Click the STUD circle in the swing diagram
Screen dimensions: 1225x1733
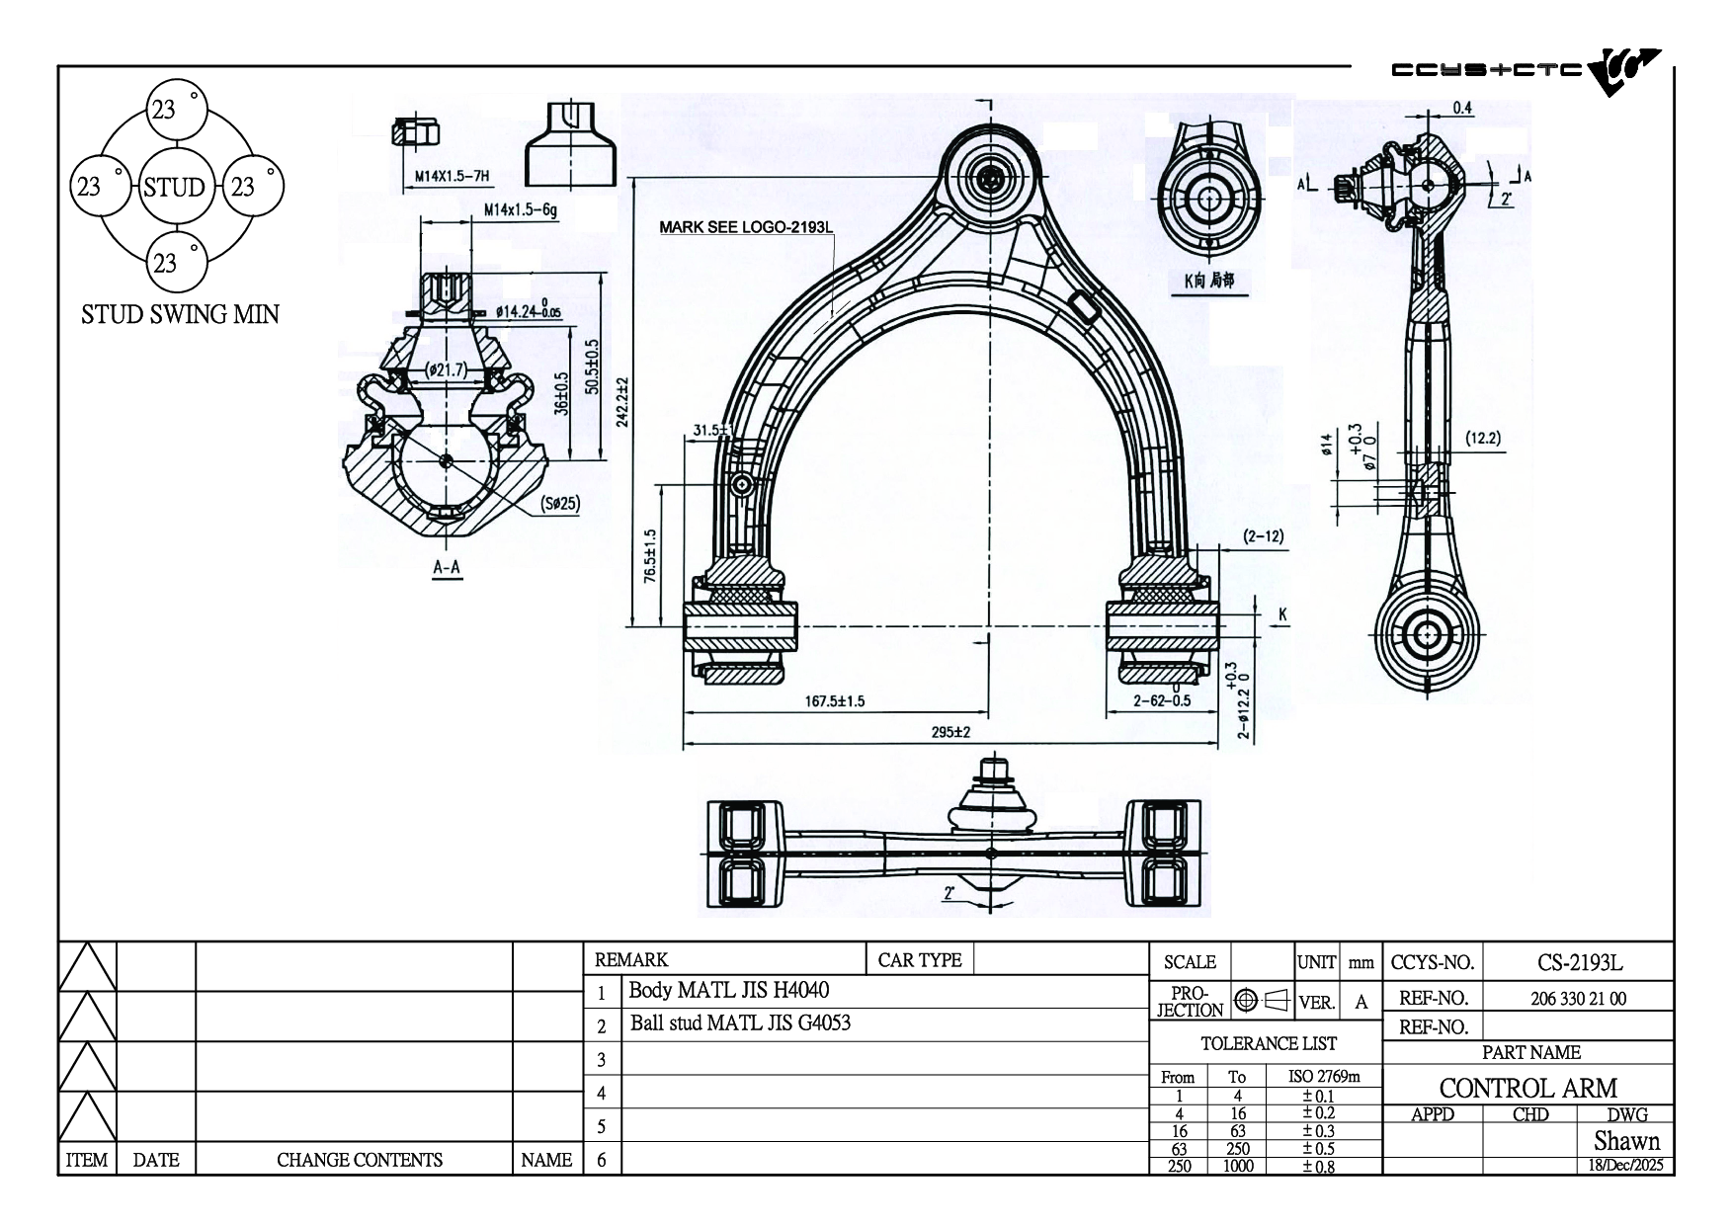[174, 187]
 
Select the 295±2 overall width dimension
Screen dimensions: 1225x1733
[950, 732]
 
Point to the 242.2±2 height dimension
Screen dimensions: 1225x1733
[621, 401]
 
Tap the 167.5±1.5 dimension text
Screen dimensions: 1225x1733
[835, 701]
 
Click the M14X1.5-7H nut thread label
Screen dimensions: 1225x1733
[452, 178]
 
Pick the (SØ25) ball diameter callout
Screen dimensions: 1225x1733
[560, 503]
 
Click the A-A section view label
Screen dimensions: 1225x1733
[447, 567]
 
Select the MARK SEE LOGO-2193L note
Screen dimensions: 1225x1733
[746, 227]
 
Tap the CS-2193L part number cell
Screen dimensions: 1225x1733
[1579, 962]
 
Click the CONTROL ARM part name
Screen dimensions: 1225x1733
[1527, 1089]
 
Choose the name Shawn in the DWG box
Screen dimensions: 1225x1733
[1626, 1141]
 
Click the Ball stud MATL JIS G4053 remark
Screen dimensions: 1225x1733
[740, 1023]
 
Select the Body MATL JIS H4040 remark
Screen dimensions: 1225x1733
[729, 990]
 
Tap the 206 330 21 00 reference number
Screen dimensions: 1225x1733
[1578, 999]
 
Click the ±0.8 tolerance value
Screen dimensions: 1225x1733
[1318, 1167]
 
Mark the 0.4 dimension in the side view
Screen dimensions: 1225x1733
[1462, 108]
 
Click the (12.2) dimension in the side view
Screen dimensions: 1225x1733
[1483, 439]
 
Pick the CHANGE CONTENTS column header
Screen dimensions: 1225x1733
[359, 1160]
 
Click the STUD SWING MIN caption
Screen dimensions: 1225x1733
[180, 315]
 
